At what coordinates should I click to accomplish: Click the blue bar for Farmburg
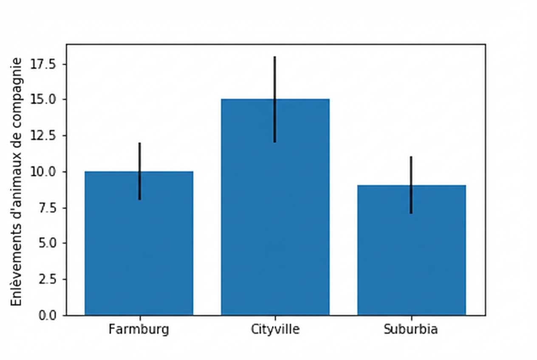click(x=139, y=255)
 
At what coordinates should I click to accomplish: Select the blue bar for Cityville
click(x=275, y=221)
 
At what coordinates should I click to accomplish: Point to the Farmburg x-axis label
click(x=139, y=329)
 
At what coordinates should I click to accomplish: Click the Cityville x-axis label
click(x=275, y=329)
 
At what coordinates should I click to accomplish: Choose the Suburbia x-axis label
click(x=411, y=329)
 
